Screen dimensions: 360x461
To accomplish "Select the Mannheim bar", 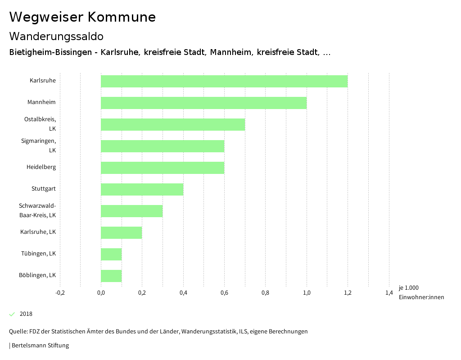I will [203, 103].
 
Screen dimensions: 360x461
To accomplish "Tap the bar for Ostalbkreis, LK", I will [173, 124].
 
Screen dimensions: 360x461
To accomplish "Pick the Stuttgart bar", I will [142, 189].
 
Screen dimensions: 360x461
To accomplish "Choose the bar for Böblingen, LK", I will [111, 276].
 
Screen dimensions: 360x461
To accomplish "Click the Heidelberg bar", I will [163, 168].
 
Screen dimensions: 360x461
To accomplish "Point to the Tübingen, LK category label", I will [38, 254].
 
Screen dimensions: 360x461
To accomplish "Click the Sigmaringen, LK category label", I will [39, 146].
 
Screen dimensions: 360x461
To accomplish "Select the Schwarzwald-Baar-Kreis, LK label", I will [37, 210].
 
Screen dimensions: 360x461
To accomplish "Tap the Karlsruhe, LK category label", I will [38, 232].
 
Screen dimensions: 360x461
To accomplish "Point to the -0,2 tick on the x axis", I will [60, 293].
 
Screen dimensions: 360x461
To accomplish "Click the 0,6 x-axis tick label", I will [224, 293].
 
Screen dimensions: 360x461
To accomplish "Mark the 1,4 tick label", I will [389, 293].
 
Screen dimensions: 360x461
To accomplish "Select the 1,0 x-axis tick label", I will [307, 293].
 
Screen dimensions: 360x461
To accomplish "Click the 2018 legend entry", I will [26, 314].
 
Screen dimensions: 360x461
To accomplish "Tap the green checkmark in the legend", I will [12, 314].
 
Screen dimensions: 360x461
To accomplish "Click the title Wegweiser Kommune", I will [82, 17].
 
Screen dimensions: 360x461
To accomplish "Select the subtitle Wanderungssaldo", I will [56, 36].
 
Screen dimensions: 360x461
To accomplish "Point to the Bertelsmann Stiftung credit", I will [39, 346].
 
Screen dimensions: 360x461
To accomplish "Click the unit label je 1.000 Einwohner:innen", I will [421, 292].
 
